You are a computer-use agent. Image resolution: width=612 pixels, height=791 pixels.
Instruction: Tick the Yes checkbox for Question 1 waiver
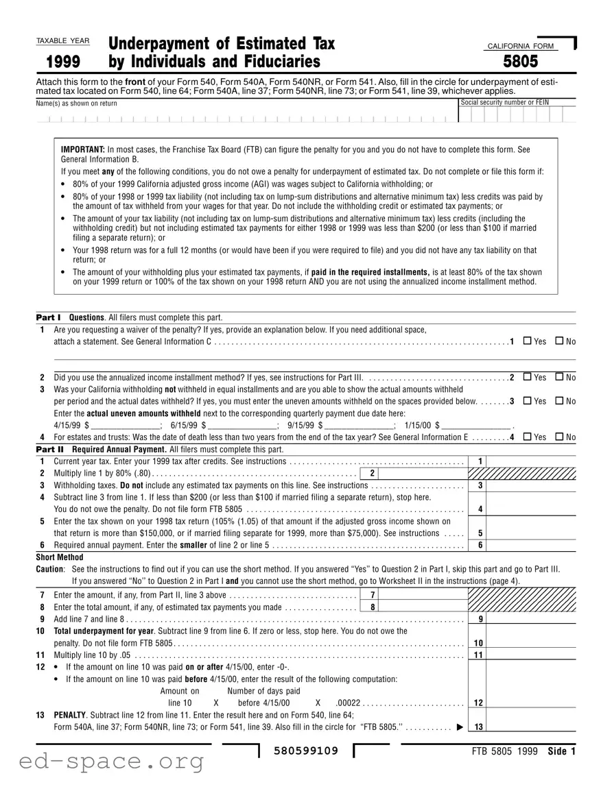(527, 341)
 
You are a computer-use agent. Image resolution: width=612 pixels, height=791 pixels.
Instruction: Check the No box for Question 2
(559, 377)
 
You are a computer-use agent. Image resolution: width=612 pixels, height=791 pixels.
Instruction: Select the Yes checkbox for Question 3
(527, 401)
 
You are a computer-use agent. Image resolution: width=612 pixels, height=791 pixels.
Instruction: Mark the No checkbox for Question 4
(559, 437)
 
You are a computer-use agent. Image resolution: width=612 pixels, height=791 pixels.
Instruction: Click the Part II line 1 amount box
(533, 461)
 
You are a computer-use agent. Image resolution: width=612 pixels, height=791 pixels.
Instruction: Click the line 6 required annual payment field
(533, 546)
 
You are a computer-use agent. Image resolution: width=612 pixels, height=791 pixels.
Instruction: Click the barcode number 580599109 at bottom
(306, 751)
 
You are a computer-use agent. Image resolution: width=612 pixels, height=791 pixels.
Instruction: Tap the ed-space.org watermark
(102, 760)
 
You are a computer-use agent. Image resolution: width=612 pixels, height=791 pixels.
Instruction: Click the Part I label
(48, 317)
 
